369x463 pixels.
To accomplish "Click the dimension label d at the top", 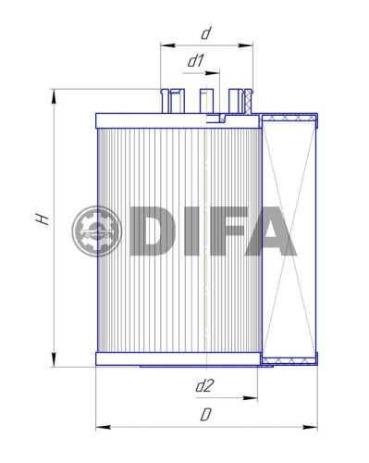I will (x=206, y=33).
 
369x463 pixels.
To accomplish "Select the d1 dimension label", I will (x=196, y=61).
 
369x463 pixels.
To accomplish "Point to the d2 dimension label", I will (x=205, y=383).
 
